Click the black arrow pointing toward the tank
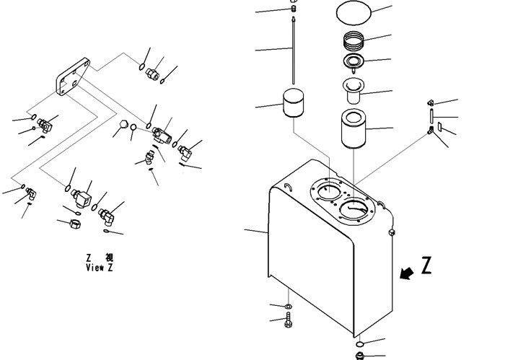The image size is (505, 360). pos(406,273)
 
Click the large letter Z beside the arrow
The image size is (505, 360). pos(426,265)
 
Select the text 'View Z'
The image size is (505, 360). pos(100,268)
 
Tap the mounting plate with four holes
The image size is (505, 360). pos(73,76)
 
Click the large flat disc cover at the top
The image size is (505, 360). pos(353,12)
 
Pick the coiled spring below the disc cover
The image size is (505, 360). pos(354,40)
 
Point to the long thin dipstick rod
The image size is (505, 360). pos(294,51)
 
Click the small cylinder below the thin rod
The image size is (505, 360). pos(293,102)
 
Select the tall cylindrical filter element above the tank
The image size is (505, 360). pos(353,129)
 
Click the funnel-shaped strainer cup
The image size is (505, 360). pos(353,90)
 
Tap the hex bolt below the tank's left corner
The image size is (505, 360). pos(289,320)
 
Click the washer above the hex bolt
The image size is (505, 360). pos(289,306)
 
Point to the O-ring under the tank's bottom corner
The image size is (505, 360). pos(360,345)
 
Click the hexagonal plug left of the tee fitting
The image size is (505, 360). pos(124,124)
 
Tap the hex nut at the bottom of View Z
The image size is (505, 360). pos(75,224)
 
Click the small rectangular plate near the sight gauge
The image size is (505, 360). pos(439,126)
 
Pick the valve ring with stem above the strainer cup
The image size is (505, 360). pos(353,61)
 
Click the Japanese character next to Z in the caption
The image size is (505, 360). pos(109,258)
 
